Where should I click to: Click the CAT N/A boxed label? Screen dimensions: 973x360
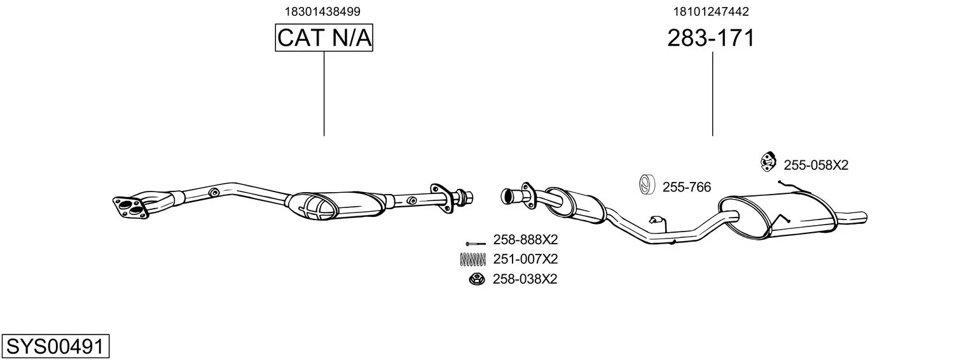click(324, 38)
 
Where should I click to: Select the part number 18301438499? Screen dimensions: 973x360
click(322, 11)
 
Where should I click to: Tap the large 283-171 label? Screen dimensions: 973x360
click(711, 38)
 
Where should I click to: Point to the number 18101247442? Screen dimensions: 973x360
click(711, 11)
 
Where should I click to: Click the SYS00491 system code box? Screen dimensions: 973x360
click(55, 346)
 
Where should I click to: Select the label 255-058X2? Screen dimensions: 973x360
click(816, 165)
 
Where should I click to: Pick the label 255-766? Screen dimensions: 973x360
click(686, 187)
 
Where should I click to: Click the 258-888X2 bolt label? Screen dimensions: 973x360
click(525, 239)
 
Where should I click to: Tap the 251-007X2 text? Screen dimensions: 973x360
click(525, 259)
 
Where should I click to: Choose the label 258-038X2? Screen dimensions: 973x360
click(525, 279)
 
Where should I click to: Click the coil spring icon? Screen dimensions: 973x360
click(473, 260)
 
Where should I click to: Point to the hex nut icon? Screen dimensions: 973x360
click(477, 279)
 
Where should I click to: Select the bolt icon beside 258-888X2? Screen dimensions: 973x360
click(475, 244)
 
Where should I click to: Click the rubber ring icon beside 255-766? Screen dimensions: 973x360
click(647, 184)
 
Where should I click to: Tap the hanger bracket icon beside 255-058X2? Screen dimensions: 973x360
click(768, 162)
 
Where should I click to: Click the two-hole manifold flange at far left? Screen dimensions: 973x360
click(130, 207)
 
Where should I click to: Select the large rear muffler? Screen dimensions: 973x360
click(778, 216)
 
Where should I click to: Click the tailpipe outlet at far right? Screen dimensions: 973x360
click(852, 218)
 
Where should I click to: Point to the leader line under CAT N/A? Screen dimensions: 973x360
click(324, 93)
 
